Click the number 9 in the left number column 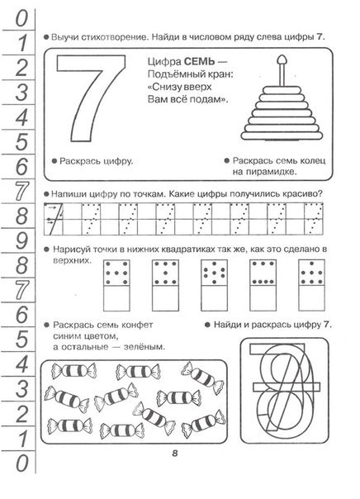tap(21, 240)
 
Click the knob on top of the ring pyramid tap(282, 59)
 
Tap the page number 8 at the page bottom tap(175, 454)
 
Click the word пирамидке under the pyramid tap(272, 172)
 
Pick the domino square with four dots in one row tap(263, 273)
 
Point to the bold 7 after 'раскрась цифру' tap(327, 325)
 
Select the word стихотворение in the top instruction tap(115, 37)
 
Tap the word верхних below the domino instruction tap(72, 261)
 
